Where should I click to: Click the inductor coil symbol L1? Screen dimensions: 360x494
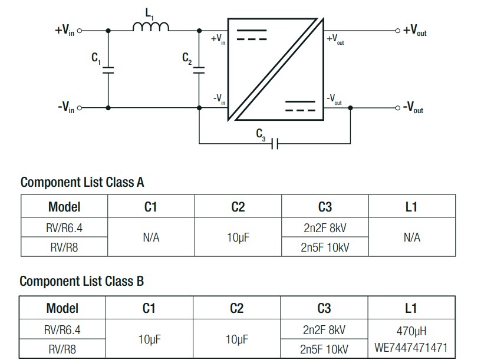[151, 27]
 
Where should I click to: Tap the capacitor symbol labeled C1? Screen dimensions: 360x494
[108, 70]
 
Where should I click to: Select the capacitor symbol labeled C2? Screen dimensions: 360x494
[199, 70]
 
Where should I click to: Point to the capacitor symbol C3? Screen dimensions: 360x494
[274, 143]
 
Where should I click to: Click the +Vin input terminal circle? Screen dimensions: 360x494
[80, 30]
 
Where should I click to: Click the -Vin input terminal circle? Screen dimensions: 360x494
[80, 108]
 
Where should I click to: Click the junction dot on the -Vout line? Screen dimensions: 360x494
[351, 108]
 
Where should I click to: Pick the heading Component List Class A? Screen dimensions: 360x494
[82, 182]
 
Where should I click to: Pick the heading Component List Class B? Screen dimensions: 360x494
[81, 282]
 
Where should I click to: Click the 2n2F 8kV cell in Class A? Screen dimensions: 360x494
[324, 227]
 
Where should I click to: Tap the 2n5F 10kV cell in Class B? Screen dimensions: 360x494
[324, 349]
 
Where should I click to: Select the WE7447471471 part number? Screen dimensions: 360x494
[411, 348]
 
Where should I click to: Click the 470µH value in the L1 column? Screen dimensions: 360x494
[411, 330]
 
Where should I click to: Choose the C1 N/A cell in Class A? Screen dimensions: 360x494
[151, 237]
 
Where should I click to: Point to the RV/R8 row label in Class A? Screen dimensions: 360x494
[64, 247]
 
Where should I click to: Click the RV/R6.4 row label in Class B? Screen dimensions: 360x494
[64, 329]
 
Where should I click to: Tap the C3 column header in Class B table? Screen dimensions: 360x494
[324, 308]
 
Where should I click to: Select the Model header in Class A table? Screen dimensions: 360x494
[64, 207]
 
